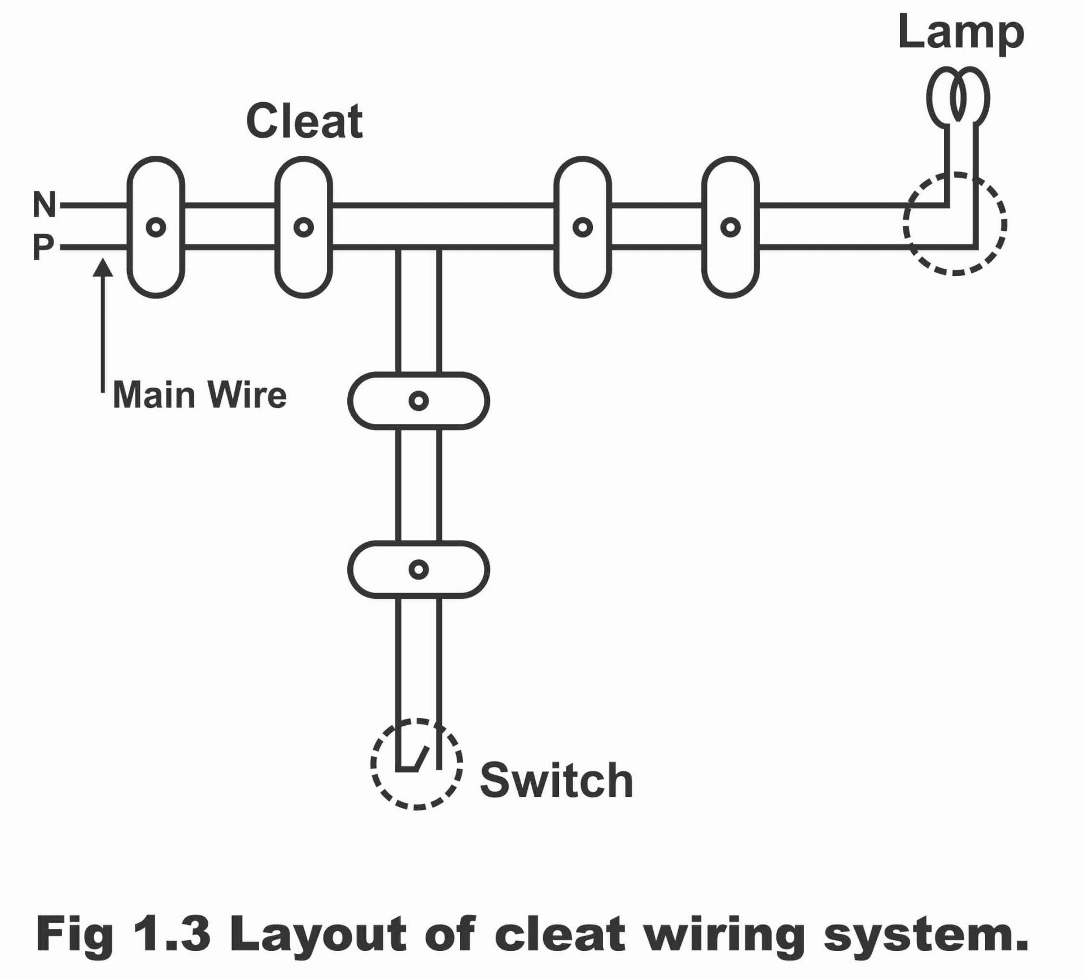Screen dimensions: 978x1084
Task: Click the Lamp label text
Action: pyautogui.click(x=960, y=33)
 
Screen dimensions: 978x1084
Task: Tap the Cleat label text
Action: pyautogui.click(x=304, y=121)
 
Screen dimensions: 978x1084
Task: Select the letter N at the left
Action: pyautogui.click(x=45, y=204)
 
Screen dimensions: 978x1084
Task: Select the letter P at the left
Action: pyautogui.click(x=43, y=247)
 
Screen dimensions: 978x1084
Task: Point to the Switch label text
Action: pyautogui.click(x=556, y=780)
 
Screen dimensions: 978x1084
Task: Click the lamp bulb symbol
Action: pyautogui.click(x=958, y=97)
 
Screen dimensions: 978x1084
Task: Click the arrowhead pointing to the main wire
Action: pyautogui.click(x=103, y=267)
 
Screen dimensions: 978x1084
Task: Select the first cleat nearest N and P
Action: pyautogui.click(x=156, y=227)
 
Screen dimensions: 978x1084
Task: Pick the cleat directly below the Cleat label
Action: pyautogui.click(x=304, y=227)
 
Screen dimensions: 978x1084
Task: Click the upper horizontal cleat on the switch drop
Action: pyautogui.click(x=418, y=401)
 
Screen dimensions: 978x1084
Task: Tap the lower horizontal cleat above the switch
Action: pyautogui.click(x=418, y=569)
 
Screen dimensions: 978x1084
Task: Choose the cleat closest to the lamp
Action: pyautogui.click(x=730, y=227)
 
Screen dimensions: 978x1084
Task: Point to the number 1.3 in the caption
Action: pyautogui.click(x=172, y=934)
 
